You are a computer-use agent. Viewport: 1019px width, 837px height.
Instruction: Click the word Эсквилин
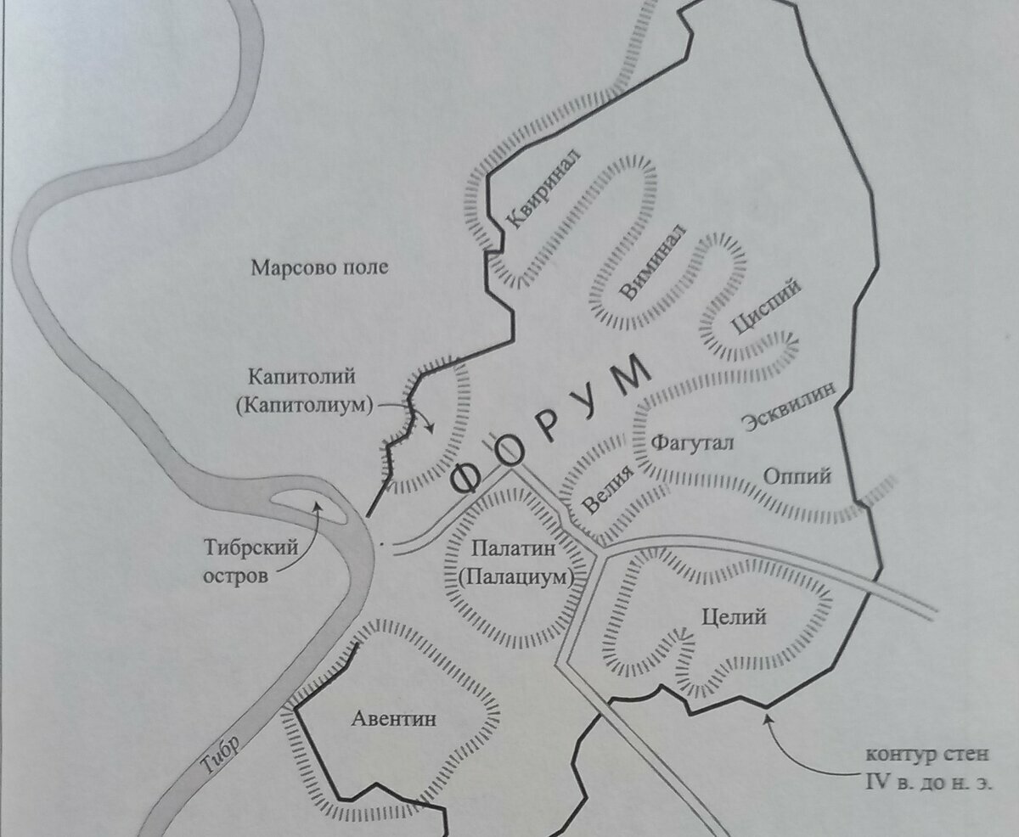(789, 406)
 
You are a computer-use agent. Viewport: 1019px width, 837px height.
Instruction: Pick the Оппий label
(797, 476)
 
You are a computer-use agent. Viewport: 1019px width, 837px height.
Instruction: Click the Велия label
(609, 488)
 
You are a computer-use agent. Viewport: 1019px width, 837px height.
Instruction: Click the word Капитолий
(302, 375)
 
